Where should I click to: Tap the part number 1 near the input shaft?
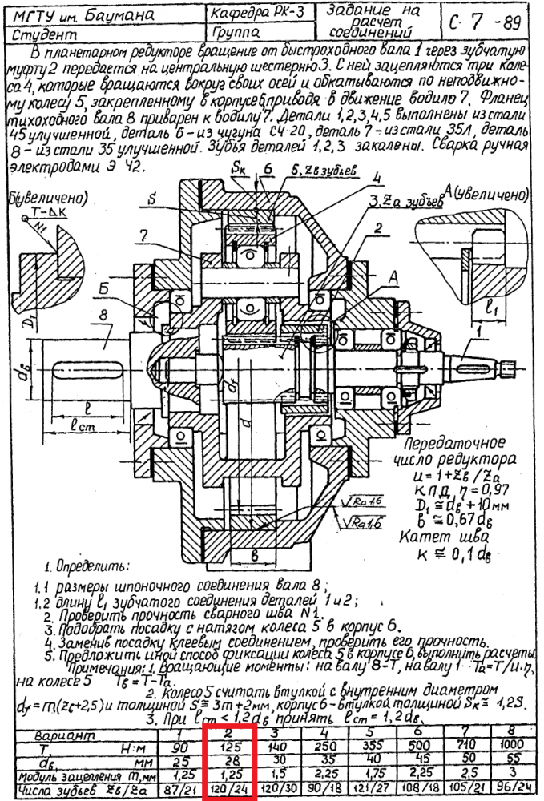(479, 328)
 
